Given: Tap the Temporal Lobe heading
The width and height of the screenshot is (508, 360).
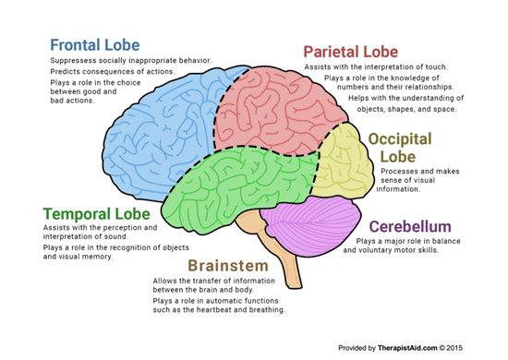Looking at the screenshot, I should pos(95,214).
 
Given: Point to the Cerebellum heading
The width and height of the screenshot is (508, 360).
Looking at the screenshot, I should pos(409,226).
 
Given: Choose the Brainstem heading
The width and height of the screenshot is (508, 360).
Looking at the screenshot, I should pos(231,266).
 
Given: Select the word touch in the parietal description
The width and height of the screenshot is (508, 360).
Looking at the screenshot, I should pos(436,66).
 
